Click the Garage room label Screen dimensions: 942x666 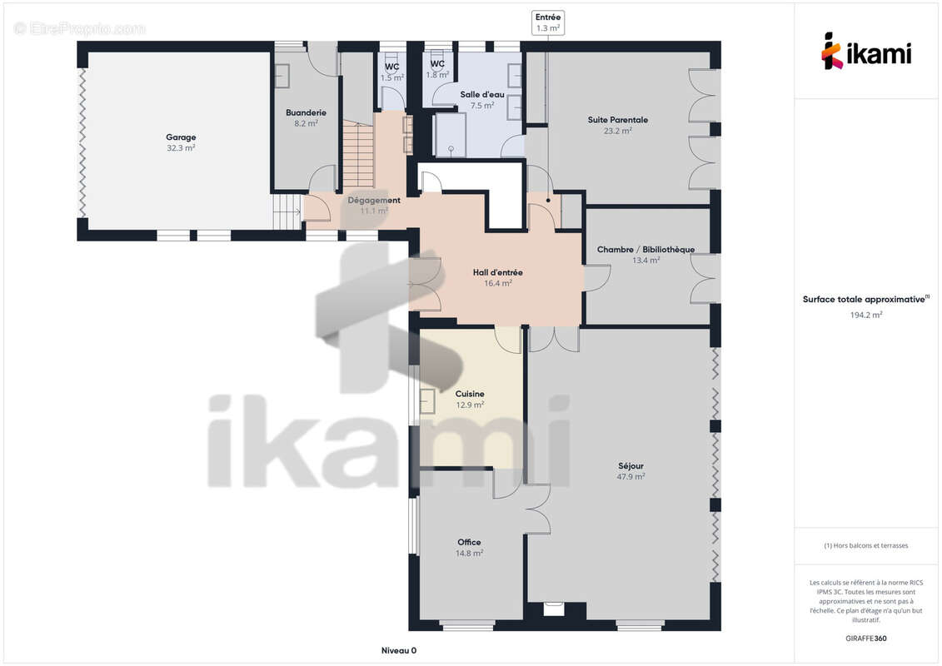point(181,137)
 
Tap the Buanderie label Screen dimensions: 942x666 point(306,112)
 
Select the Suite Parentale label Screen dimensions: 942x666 point(617,120)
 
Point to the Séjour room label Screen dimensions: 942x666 point(630,465)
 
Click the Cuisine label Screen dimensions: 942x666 point(470,394)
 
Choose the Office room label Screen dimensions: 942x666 point(469,542)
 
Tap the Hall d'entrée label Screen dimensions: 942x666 point(497,272)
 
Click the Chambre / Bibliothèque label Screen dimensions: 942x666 point(645,249)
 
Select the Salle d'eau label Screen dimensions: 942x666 point(482,94)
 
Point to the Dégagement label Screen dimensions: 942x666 point(374,200)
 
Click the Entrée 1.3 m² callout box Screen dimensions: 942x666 point(548,22)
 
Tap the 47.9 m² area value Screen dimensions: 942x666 point(630,477)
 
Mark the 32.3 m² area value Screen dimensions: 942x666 point(181,147)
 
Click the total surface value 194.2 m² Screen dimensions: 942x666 point(865,315)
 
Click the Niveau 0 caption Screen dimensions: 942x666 point(399,650)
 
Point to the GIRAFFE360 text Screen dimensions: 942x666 point(865,639)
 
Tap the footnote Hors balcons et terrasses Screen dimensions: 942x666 point(865,546)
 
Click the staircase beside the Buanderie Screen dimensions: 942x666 point(359,154)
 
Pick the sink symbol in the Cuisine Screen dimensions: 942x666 point(427,401)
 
